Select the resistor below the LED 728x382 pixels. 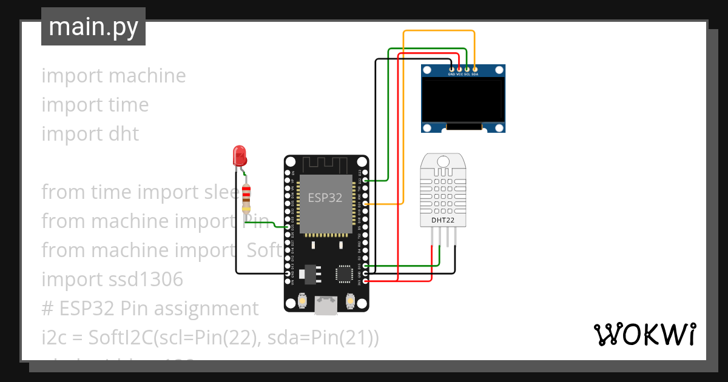tap(246, 196)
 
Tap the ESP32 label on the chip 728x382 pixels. tap(326, 198)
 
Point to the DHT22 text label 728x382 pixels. tap(442, 220)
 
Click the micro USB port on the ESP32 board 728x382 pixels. tap(326, 306)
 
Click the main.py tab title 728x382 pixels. tap(93, 27)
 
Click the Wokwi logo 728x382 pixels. tap(644, 335)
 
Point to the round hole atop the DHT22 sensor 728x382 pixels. tap(442, 162)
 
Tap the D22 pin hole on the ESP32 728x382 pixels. tap(366, 181)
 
